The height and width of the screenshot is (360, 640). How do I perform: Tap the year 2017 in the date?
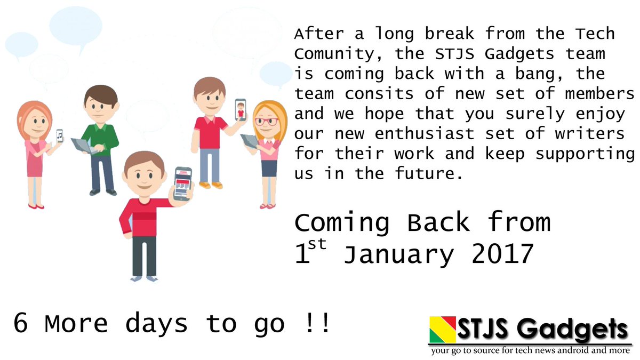[x=502, y=254]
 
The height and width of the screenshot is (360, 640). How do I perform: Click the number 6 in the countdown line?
[x=21, y=324]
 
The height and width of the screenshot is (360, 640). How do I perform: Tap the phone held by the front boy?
[x=182, y=183]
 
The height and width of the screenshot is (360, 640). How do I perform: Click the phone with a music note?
[x=59, y=137]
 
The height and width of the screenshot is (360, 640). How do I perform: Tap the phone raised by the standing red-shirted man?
[x=241, y=110]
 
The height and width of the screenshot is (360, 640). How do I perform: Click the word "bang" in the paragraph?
[x=510, y=73]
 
